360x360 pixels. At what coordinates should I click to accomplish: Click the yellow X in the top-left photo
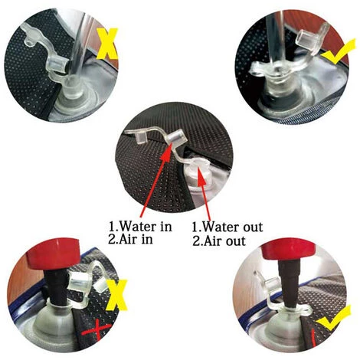pyautogui.click(x=107, y=44)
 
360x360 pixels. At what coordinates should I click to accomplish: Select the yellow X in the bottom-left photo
pyautogui.click(x=116, y=295)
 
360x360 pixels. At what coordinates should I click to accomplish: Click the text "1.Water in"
pyautogui.click(x=141, y=226)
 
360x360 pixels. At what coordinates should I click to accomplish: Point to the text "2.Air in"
pyautogui.click(x=130, y=240)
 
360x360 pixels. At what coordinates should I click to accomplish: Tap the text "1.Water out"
pyautogui.click(x=227, y=227)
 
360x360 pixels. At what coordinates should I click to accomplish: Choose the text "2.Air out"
pyautogui.click(x=219, y=241)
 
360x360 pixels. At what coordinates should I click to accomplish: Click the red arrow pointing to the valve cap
pyautogui.click(x=155, y=180)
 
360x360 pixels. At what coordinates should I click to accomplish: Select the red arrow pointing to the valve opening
pyautogui.click(x=205, y=193)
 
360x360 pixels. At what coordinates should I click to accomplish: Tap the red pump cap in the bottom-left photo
pyautogui.click(x=52, y=254)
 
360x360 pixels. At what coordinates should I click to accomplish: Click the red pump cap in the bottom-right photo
pyautogui.click(x=290, y=250)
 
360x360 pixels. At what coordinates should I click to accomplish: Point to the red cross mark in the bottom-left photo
pyautogui.click(x=97, y=331)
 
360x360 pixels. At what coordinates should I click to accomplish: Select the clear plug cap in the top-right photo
pyautogui.click(x=306, y=40)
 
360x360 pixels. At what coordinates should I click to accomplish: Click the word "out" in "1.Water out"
pyautogui.click(x=251, y=227)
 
